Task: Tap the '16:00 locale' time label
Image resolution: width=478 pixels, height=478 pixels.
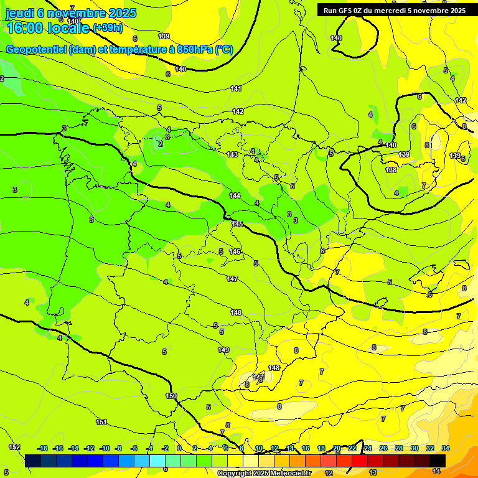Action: tap(47, 29)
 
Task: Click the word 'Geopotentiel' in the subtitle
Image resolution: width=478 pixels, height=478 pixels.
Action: tap(36, 50)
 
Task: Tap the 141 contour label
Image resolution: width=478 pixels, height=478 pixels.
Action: tap(236, 88)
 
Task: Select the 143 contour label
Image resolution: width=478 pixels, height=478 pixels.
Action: tap(232, 154)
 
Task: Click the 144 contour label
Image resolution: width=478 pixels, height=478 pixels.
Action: tap(235, 195)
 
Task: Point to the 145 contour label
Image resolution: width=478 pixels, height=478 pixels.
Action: tap(237, 224)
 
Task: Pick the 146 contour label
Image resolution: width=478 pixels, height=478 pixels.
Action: tap(235, 251)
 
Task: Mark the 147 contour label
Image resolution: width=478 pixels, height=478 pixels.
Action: tap(232, 279)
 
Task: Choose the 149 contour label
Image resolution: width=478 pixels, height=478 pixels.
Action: tap(223, 350)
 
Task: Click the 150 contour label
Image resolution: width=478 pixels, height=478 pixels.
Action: tap(171, 396)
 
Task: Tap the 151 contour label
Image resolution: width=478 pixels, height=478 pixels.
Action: tap(101, 422)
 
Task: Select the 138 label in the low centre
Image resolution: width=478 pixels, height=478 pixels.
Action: tap(391, 170)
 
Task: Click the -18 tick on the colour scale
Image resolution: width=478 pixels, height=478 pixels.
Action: tap(43, 448)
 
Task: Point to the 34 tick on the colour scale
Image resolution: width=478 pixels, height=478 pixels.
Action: tap(446, 448)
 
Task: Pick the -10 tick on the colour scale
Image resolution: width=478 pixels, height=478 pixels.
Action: tap(104, 448)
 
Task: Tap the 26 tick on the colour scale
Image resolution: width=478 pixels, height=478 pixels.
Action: tap(383, 448)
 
